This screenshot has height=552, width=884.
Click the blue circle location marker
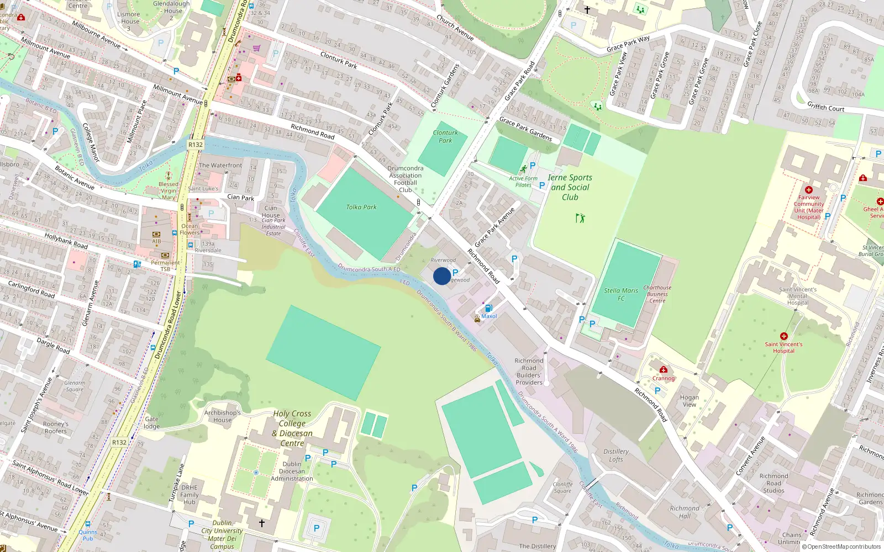442,276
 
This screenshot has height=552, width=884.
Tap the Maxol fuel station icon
488,309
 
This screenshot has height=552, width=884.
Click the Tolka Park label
361,207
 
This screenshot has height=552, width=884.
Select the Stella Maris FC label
621,294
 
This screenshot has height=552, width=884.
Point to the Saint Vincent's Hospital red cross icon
783,336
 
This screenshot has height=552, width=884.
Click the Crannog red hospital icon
664,370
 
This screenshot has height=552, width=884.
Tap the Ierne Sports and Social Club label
570,187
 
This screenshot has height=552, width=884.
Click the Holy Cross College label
292,418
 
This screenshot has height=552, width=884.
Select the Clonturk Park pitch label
445,136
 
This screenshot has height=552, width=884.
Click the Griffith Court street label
825,107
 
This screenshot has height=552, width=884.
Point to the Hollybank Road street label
66,241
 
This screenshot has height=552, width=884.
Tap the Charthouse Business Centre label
657,294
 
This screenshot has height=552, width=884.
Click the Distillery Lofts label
616,455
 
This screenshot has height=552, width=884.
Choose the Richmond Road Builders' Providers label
529,371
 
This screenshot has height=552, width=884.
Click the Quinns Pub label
88,535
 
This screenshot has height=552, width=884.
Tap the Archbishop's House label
222,416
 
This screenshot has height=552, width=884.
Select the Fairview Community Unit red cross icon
809,190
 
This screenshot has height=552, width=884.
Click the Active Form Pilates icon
523,169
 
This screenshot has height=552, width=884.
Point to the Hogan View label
689,401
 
